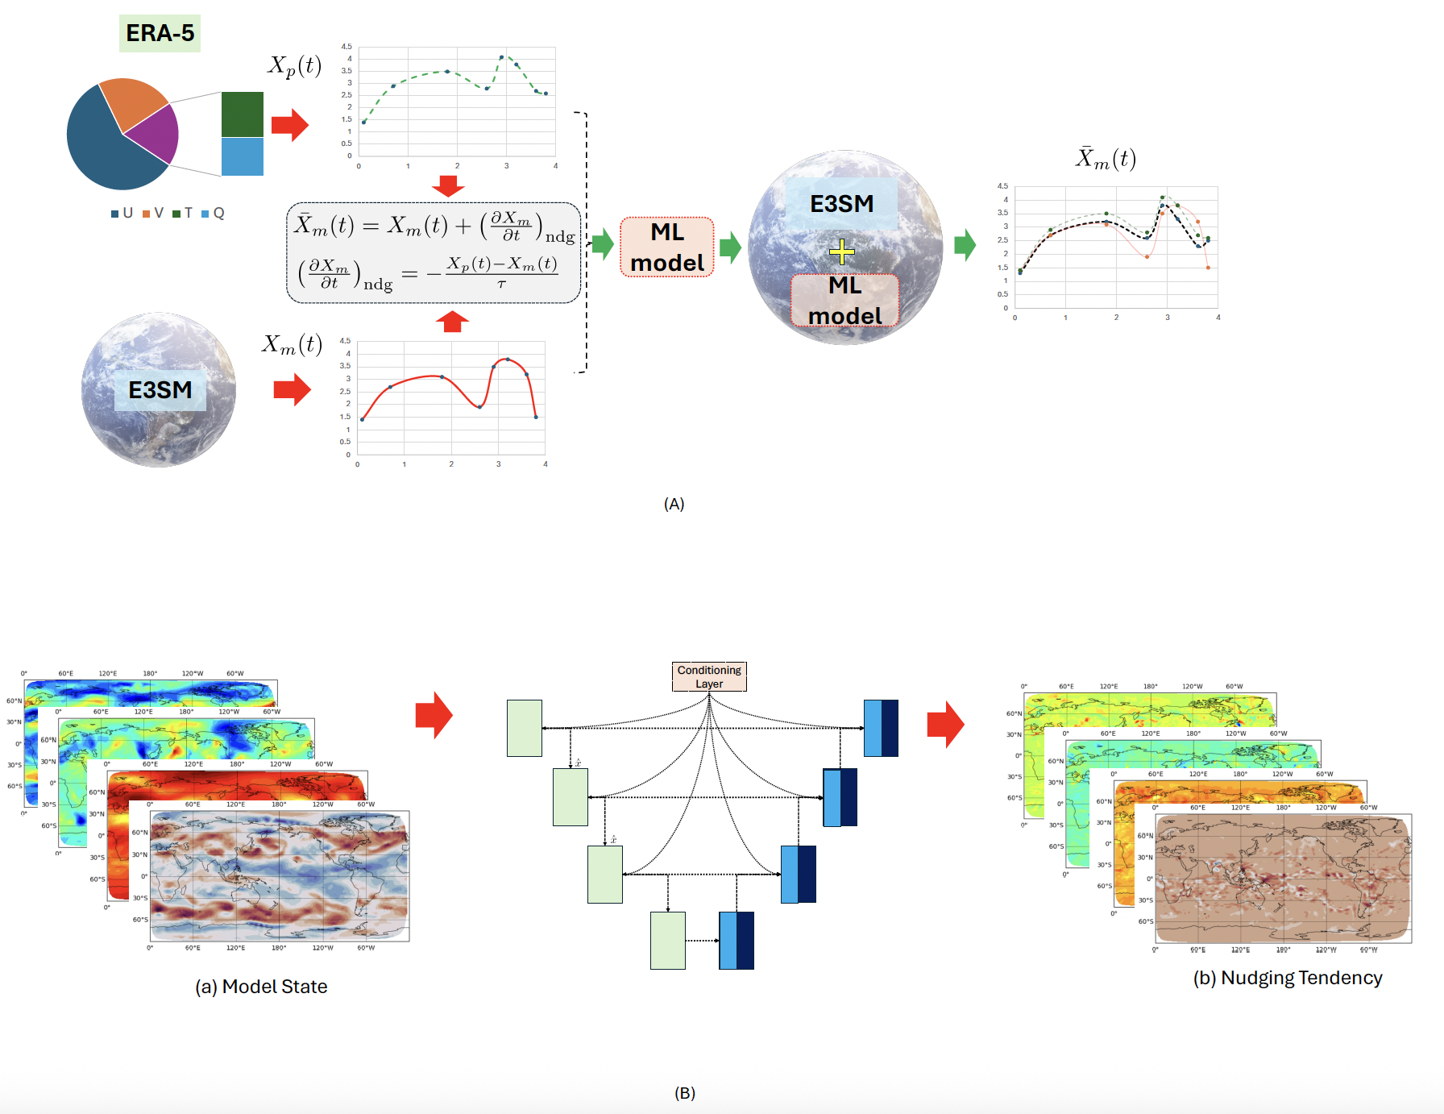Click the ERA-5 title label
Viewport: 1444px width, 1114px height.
(160, 34)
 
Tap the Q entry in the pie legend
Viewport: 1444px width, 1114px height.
(214, 213)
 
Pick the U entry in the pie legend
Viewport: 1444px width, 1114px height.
(122, 213)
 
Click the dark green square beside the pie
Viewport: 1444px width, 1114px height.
(242, 114)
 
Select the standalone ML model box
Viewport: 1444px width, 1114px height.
(666, 247)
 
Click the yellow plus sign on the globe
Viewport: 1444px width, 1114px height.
(841, 252)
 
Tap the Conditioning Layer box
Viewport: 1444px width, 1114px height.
(709, 676)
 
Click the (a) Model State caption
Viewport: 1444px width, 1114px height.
(261, 987)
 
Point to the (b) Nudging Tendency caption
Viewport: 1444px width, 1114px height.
(1287, 978)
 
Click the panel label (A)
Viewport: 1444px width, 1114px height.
(674, 504)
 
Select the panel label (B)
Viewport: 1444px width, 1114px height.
(684, 1093)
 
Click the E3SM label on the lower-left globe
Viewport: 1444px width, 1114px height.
(160, 390)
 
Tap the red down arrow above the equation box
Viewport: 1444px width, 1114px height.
(448, 186)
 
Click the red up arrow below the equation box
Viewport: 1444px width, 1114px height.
(452, 322)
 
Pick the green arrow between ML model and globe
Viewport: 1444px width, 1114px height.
(730, 247)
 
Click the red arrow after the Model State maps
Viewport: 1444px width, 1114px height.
(434, 715)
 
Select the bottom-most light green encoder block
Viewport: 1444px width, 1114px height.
(667, 940)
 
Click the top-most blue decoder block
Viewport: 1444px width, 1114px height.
(881, 728)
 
